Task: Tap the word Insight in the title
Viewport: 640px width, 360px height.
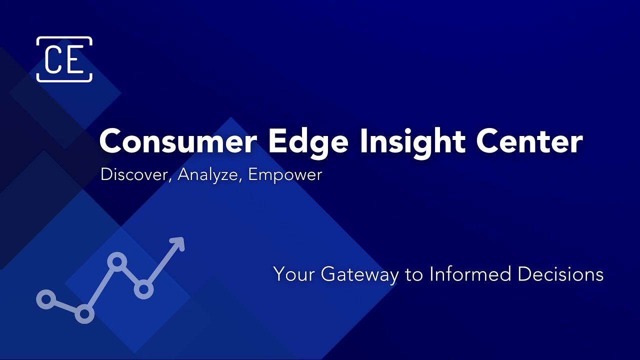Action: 413,141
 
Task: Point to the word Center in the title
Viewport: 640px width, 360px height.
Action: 529,141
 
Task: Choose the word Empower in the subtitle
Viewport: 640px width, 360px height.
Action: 285,174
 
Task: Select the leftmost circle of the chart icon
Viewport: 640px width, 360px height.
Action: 46,299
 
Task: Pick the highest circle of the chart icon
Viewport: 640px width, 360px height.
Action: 117,261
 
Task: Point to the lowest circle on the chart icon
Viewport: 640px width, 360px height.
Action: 84,314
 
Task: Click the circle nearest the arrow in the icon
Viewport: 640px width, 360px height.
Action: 143,289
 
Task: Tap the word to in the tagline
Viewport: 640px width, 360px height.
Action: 414,274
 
